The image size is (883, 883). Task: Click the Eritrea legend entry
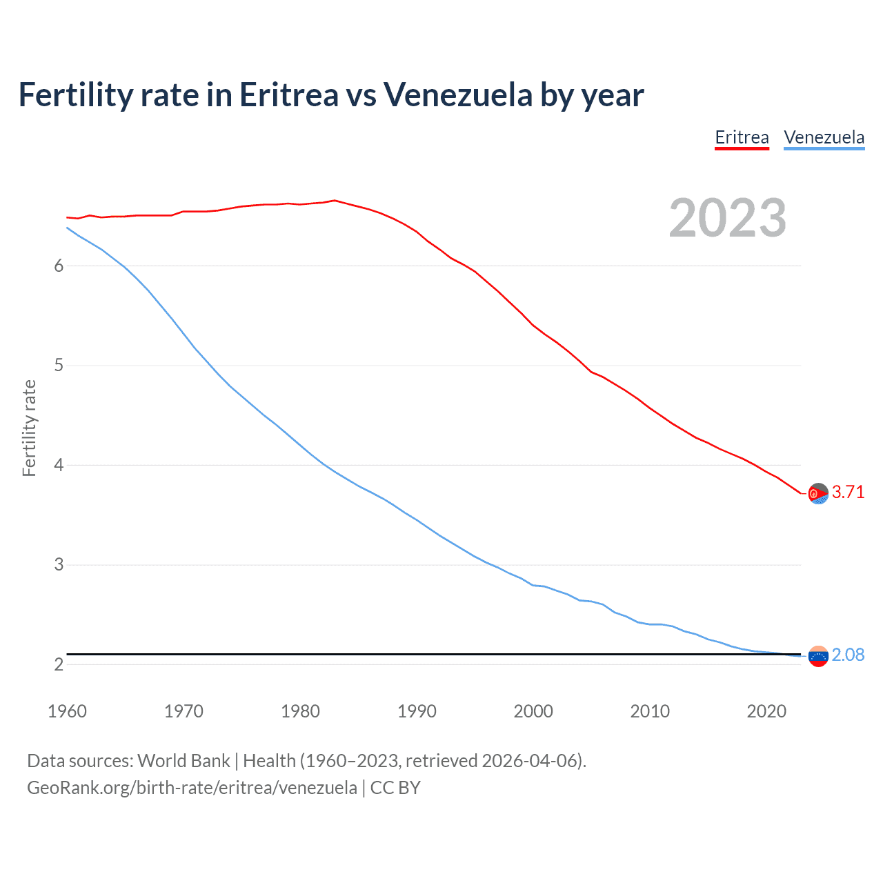click(x=742, y=137)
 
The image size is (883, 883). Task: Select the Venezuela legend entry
click(x=824, y=137)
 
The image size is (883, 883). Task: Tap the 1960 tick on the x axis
click(x=67, y=711)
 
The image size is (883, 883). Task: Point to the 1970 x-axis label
click(x=183, y=711)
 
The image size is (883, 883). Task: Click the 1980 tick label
click(x=300, y=711)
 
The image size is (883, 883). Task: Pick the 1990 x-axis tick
click(x=417, y=711)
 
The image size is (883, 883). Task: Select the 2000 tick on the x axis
click(x=533, y=711)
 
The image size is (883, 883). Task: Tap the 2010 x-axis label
click(x=650, y=711)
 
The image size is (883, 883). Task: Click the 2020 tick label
click(x=766, y=711)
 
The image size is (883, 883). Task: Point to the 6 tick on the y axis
click(x=59, y=266)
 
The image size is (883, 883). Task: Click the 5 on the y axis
click(x=59, y=366)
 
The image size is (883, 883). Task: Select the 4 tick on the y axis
click(x=59, y=466)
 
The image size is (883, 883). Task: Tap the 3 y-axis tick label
click(x=59, y=565)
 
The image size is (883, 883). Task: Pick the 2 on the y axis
click(x=59, y=665)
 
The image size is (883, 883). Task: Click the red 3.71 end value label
click(x=848, y=492)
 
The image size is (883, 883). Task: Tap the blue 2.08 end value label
click(x=848, y=655)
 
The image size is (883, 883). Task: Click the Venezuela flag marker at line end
click(x=818, y=657)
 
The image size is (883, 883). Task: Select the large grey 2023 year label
click(x=727, y=218)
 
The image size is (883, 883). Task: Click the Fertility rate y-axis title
click(x=29, y=428)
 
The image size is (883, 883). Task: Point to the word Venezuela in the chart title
click(x=457, y=95)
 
